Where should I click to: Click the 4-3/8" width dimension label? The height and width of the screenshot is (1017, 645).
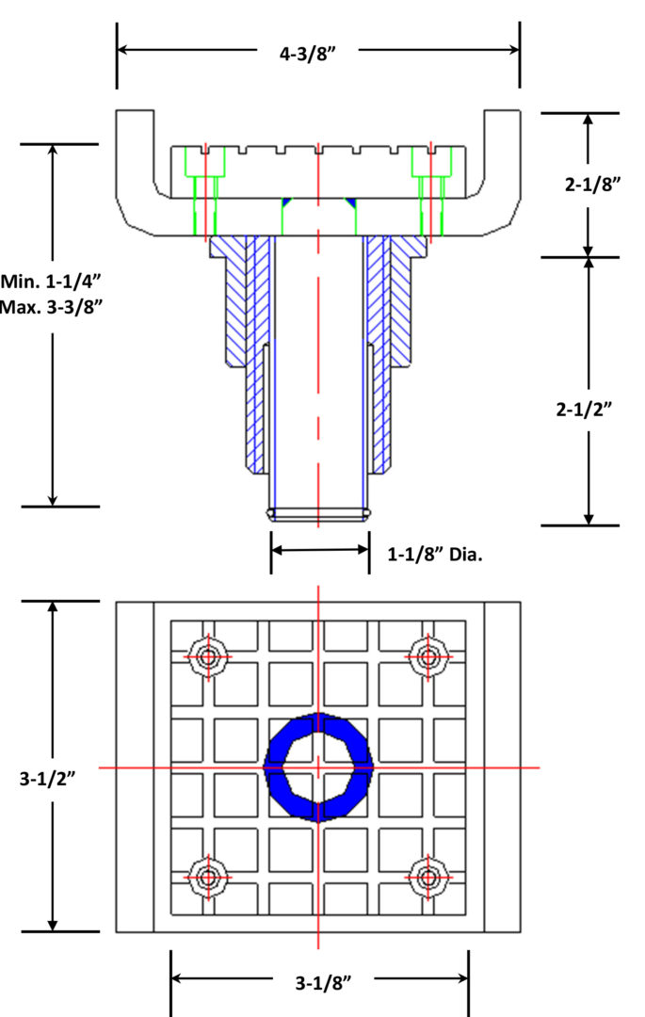coord(308,53)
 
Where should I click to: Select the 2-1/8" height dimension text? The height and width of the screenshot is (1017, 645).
coord(592,185)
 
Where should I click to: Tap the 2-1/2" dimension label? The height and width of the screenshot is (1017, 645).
coord(584,410)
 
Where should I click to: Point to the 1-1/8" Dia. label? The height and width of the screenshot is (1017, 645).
coord(435,555)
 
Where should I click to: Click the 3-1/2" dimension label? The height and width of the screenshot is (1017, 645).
coord(47,779)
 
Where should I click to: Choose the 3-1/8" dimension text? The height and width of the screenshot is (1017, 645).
coord(324,983)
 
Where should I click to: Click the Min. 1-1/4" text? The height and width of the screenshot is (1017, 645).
coord(51,282)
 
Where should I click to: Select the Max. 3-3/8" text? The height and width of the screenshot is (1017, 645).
coord(51,307)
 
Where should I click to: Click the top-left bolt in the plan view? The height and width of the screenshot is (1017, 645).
coord(208,657)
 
